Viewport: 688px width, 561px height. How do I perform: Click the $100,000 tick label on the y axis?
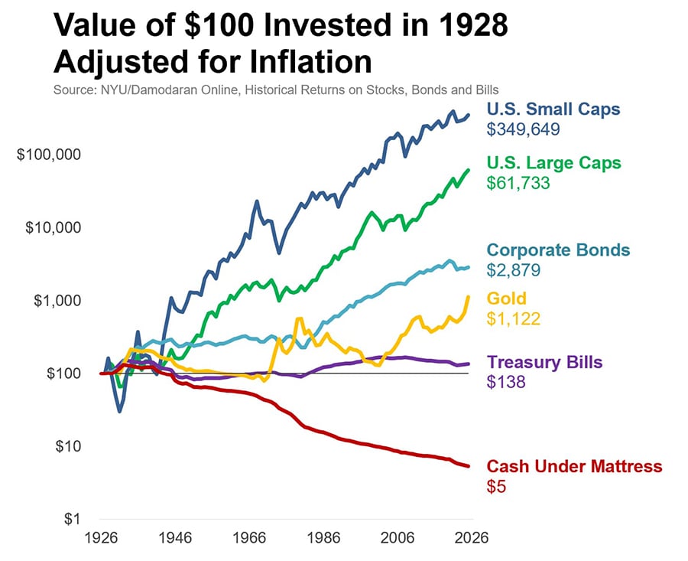coord(49,155)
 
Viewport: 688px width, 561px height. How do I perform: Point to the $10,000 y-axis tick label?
coord(53,227)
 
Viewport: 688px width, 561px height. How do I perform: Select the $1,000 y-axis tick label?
coord(57,300)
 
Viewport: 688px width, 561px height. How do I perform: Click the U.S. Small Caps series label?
coord(553,109)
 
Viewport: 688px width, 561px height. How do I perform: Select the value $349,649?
coord(524,129)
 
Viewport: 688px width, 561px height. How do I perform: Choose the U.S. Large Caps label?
coord(554,163)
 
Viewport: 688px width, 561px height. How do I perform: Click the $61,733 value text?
coord(519,184)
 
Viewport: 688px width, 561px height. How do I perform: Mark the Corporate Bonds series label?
coord(558,250)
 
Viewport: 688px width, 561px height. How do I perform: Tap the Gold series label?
coord(506,298)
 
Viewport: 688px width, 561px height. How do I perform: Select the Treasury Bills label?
coord(545,362)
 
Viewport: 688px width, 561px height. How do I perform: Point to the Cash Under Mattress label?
coord(574,466)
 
